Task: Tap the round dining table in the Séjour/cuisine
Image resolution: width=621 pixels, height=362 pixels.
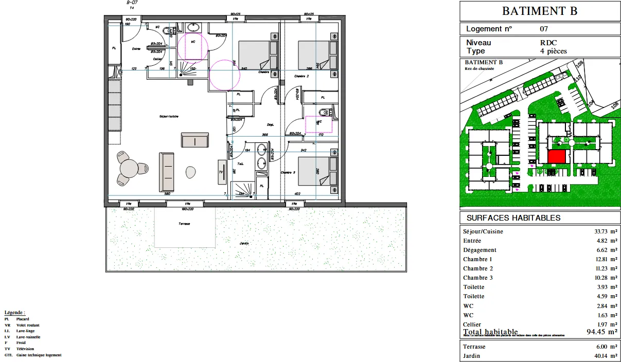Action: click(x=129, y=168)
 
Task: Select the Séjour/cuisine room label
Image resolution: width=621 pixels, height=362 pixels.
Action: click(x=169, y=117)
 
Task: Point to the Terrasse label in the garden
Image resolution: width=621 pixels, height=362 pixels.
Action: click(x=185, y=224)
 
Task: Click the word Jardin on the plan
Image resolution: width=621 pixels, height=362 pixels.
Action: click(x=245, y=243)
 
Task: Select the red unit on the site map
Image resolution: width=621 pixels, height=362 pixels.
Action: click(x=556, y=157)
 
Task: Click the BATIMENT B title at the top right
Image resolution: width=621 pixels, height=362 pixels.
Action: click(x=540, y=11)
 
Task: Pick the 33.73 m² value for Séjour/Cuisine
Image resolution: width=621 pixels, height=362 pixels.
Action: click(x=604, y=231)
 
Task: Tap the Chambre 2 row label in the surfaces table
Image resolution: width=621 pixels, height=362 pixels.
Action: click(x=478, y=268)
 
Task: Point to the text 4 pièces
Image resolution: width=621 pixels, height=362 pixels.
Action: click(x=553, y=51)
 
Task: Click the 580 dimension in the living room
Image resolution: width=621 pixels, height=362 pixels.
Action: click(x=167, y=194)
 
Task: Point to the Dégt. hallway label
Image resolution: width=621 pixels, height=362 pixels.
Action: click(x=270, y=124)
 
